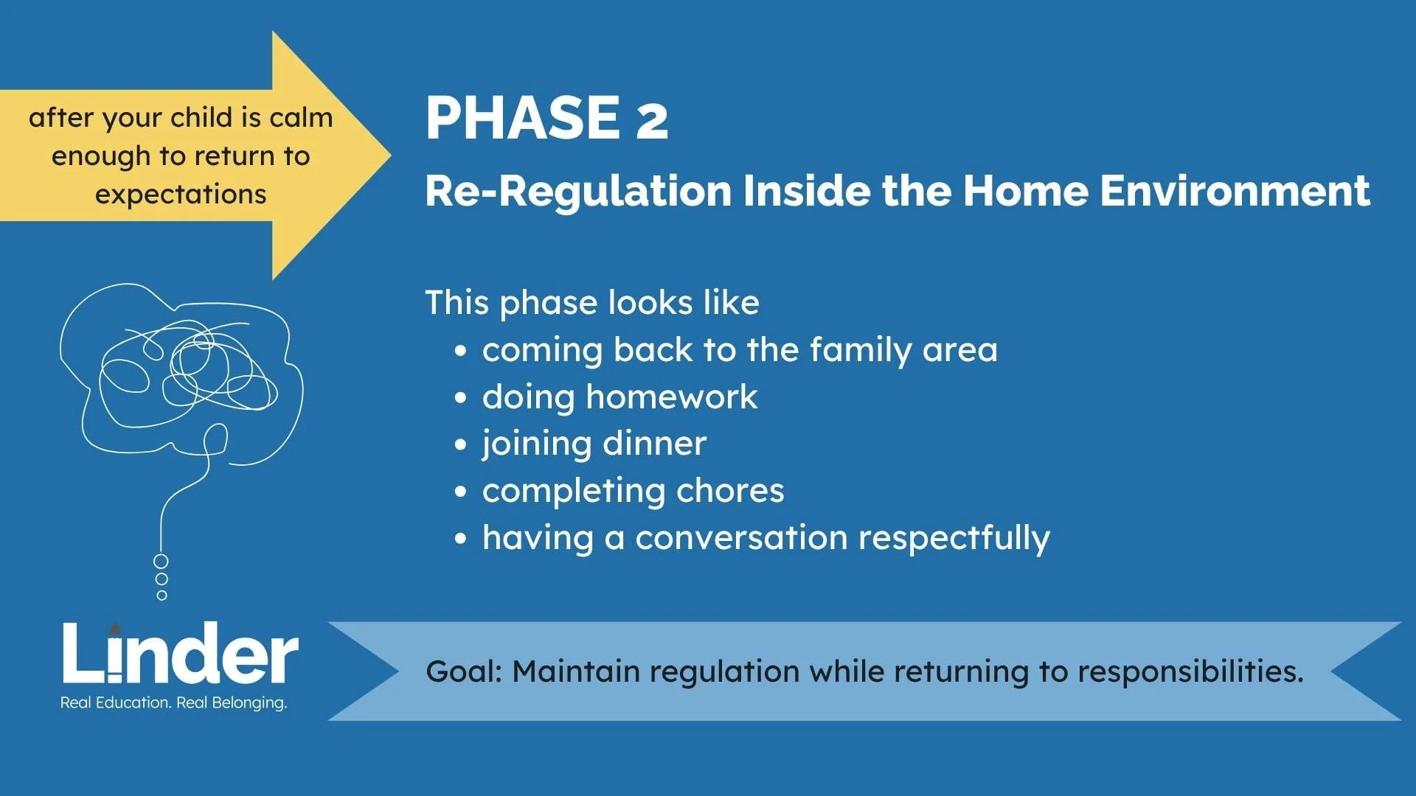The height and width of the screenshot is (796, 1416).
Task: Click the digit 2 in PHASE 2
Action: [652, 118]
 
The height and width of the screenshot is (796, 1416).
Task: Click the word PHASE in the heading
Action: [523, 118]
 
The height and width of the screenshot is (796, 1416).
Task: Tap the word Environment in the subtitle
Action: [1235, 190]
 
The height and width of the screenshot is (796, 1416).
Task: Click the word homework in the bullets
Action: [672, 397]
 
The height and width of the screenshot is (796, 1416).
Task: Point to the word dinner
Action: [655, 443]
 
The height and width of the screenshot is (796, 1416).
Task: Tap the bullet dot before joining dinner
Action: [461, 444]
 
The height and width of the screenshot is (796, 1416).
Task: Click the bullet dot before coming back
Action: [461, 351]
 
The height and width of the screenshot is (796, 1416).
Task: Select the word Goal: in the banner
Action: [464, 671]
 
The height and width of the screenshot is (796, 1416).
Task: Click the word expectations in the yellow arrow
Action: [181, 195]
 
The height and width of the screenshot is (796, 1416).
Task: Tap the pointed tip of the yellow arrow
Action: [390, 155]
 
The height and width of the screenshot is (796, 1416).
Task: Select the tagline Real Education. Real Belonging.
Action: [173, 702]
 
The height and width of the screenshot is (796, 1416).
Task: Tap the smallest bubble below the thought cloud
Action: [162, 596]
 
